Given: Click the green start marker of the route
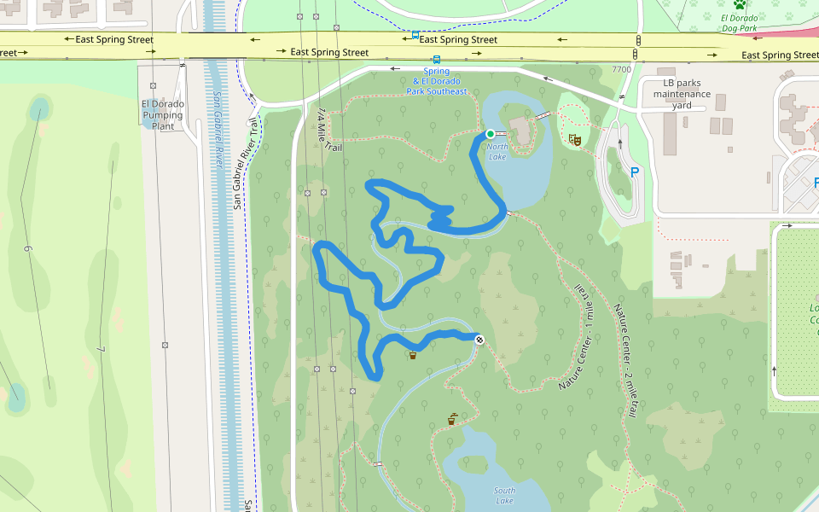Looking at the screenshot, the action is [491, 134].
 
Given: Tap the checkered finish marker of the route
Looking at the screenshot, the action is [479, 340].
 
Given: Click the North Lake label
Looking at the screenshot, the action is [497, 151].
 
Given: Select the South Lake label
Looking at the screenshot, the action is [504, 495].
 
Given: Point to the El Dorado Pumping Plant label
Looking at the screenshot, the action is [162, 115].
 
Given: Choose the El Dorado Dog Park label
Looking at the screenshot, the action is [739, 23].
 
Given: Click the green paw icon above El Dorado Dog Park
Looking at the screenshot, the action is [739, 4].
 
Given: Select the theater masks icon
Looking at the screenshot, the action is [575, 138].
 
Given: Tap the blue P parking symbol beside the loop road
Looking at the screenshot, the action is [634, 172].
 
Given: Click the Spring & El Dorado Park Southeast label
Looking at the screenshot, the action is [437, 82].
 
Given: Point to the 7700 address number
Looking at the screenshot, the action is [621, 70].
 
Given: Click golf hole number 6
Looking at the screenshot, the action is [28, 248].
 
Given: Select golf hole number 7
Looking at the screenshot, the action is [100, 349].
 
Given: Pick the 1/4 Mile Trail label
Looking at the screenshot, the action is [329, 131].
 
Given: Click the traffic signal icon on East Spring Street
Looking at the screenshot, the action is [637, 41].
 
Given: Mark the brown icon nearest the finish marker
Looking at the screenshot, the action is [413, 354].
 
